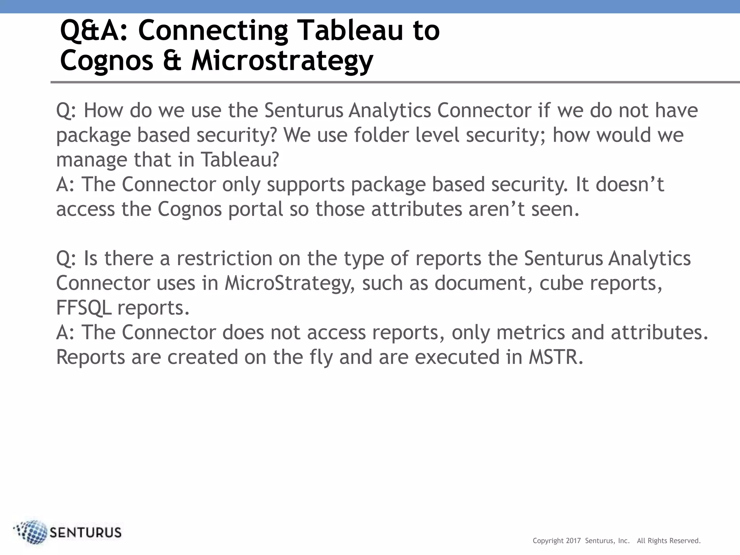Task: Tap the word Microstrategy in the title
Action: tap(282, 61)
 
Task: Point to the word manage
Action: tap(92, 160)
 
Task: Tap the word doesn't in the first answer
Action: tap(629, 185)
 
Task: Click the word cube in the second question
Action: tap(561, 283)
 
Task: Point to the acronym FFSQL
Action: tap(83, 308)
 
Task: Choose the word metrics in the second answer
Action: tap(530, 332)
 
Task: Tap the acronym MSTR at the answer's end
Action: tap(556, 357)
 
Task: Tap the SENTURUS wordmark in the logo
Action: tap(86, 533)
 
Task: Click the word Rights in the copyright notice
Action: tap(658, 541)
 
